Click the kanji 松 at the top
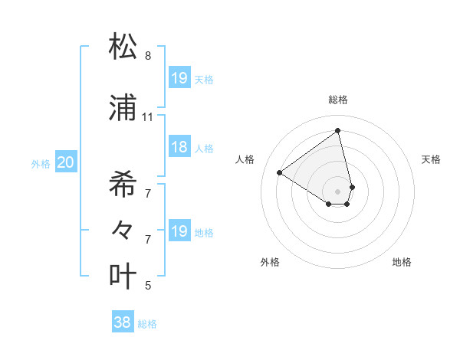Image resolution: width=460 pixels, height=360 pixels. click(123, 47)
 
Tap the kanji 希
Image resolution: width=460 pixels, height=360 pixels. click(123, 183)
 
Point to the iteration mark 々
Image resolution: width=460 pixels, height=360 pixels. click(123, 229)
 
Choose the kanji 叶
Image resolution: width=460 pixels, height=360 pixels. click(123, 276)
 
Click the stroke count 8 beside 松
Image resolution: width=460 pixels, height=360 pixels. click(148, 56)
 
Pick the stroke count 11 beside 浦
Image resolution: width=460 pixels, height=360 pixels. click(147, 117)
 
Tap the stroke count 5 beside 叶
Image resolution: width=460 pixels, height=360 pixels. click(148, 286)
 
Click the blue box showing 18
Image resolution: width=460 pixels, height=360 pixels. click(179, 147)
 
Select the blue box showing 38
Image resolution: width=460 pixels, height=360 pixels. click(123, 323)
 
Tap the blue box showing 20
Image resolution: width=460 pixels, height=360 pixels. click(66, 162)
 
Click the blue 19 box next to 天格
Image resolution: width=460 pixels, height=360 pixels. click(179, 78)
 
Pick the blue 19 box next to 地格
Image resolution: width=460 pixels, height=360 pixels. click(179, 231)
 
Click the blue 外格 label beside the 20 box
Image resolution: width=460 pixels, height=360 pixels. click(41, 163)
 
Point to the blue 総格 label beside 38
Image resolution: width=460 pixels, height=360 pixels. click(147, 324)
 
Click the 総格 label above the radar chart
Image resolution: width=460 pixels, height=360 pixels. click(338, 100)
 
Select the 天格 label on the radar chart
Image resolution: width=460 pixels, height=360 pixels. click(432, 159)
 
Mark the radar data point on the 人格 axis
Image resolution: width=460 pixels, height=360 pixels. click(280, 173)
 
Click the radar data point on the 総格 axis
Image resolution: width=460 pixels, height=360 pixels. click(338, 131)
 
